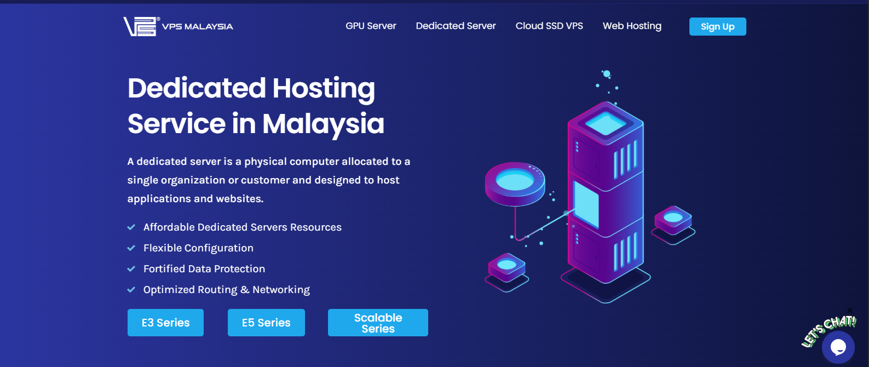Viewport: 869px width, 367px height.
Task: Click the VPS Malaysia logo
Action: pyautogui.click(x=178, y=26)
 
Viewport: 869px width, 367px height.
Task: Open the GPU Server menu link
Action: pyautogui.click(x=371, y=26)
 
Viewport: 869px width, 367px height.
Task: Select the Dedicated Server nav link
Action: pyautogui.click(x=456, y=26)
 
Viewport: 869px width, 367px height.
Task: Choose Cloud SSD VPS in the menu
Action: pyautogui.click(x=549, y=26)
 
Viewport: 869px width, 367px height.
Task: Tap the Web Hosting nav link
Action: pyautogui.click(x=632, y=26)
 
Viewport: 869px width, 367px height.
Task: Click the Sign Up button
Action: pyautogui.click(x=717, y=27)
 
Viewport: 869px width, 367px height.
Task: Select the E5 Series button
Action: pyautogui.click(x=266, y=323)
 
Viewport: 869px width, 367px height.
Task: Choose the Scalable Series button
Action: pyautogui.click(x=378, y=323)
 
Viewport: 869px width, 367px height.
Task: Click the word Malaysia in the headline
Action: pyautogui.click(x=323, y=124)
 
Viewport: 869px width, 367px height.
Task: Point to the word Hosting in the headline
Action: pyautogui.click(x=324, y=88)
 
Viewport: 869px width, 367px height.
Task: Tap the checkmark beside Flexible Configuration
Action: pyautogui.click(x=131, y=248)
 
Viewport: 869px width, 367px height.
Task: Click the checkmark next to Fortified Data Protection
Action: pyautogui.click(x=131, y=269)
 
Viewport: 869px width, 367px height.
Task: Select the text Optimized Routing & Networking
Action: pyautogui.click(x=226, y=290)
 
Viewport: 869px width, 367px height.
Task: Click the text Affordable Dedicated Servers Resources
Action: pyautogui.click(x=242, y=227)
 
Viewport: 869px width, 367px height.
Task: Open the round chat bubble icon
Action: pyautogui.click(x=838, y=347)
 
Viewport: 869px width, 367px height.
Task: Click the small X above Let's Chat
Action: pyautogui.click(x=850, y=311)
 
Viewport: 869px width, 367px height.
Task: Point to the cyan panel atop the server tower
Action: pyautogui.click(x=605, y=124)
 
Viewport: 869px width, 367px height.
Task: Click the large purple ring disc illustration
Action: pyautogui.click(x=515, y=183)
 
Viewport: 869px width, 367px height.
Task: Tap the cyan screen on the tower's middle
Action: pyautogui.click(x=585, y=203)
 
